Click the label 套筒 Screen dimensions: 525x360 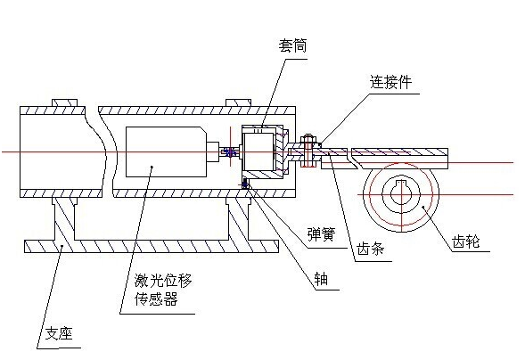292,45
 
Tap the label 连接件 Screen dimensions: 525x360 390,82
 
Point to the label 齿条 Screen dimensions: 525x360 370,249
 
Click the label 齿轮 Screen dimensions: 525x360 466,241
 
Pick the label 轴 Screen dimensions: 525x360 321,278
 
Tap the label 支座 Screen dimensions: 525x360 59,333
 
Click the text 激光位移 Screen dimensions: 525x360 163,281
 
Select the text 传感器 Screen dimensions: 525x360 156,299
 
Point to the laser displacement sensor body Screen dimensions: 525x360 167,151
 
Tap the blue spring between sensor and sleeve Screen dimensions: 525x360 230,152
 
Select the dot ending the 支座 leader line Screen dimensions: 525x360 62,246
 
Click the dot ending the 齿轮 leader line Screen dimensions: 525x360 422,207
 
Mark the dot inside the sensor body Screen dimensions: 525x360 152,167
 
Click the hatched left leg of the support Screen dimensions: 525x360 64,218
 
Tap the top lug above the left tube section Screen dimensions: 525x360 64,102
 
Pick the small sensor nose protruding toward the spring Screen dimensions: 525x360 213,151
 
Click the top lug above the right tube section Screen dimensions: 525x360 238,102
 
